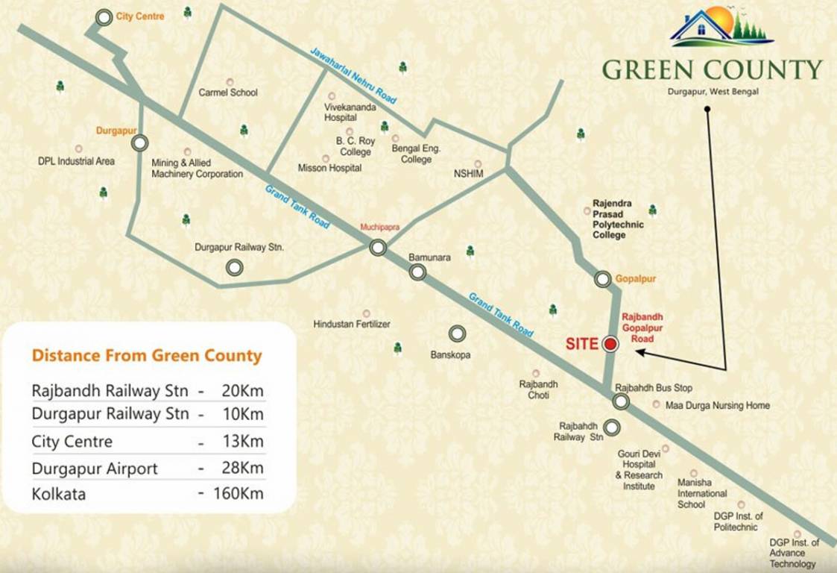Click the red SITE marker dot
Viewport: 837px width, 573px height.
click(610, 344)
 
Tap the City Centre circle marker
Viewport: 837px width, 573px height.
click(105, 17)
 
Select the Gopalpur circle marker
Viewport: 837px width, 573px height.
click(603, 279)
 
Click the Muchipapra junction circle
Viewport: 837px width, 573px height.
click(378, 247)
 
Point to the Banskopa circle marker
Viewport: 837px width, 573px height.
click(456, 334)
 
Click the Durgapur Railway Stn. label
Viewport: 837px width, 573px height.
click(239, 247)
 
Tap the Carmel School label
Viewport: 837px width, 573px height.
click(228, 93)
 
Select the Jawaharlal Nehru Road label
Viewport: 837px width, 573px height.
click(353, 75)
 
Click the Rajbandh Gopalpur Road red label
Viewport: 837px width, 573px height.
click(642, 328)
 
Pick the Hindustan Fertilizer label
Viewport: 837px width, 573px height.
click(352, 325)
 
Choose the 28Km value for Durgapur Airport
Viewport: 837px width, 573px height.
click(241, 469)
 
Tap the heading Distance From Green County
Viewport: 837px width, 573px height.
click(147, 355)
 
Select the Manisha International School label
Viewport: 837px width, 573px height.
click(701, 493)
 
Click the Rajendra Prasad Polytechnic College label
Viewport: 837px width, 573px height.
click(618, 219)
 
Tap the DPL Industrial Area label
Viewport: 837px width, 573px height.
click(76, 161)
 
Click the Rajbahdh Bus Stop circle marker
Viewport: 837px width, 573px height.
click(621, 402)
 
